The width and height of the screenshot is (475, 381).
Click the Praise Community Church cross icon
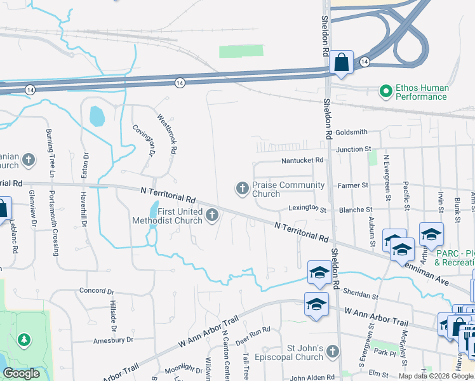242,188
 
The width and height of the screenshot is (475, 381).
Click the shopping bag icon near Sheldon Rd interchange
341,63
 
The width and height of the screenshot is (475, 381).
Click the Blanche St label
356,210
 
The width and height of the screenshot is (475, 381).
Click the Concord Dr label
96,290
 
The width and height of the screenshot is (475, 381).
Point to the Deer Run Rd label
253,330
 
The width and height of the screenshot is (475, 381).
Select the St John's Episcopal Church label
306,353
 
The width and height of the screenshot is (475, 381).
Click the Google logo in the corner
21,373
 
